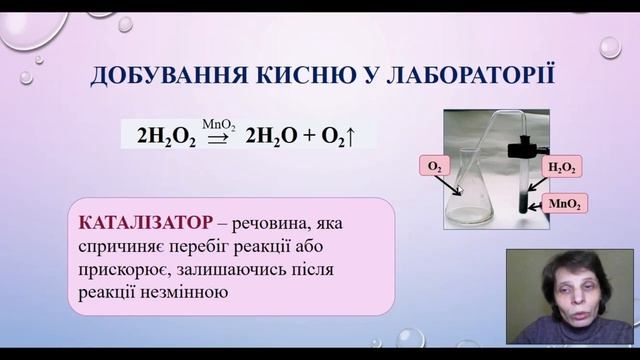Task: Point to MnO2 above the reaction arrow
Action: coord(219,125)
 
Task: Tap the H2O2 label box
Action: coord(562,168)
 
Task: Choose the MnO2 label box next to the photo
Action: coord(564,204)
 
